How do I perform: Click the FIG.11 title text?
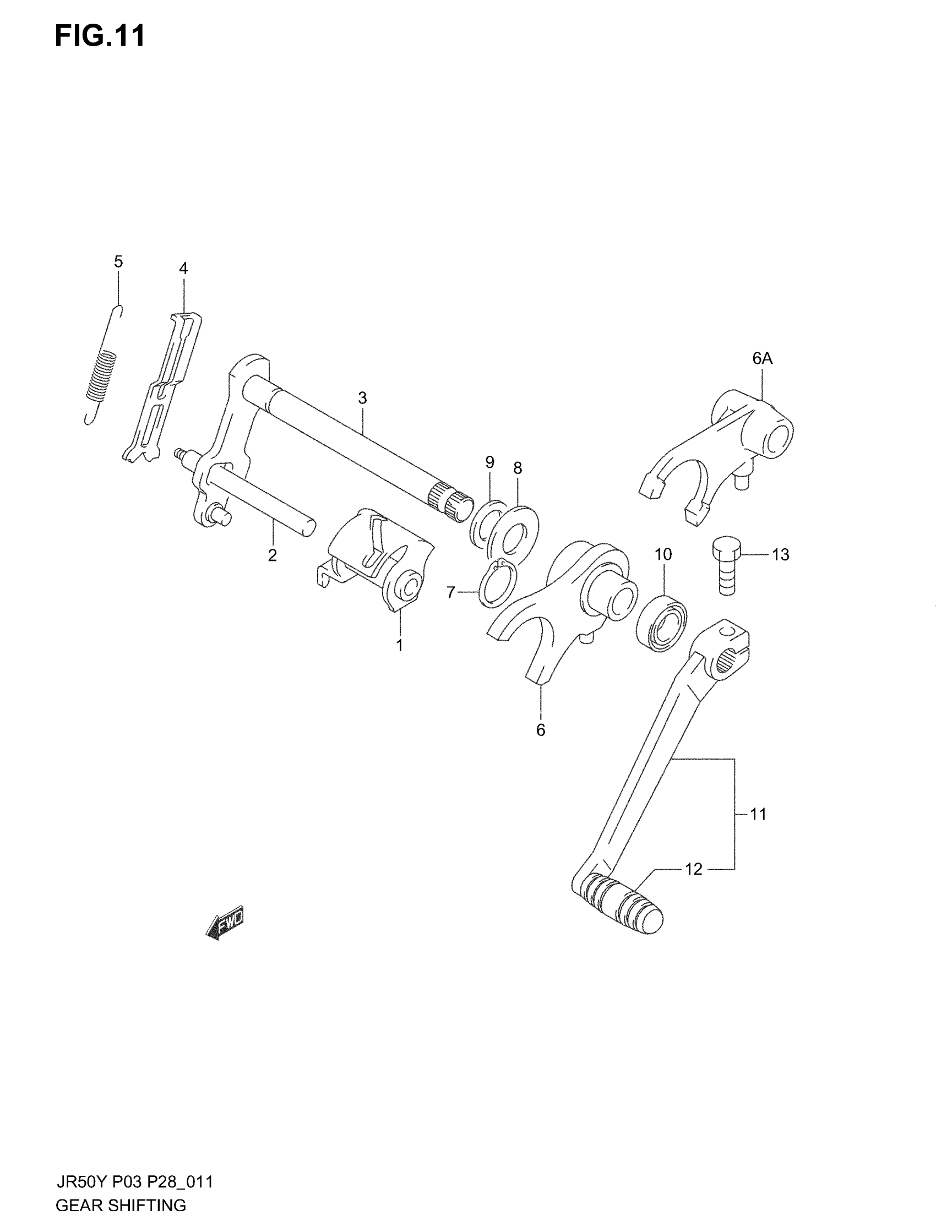point(100,36)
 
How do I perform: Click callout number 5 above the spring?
point(118,261)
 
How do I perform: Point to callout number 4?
point(183,269)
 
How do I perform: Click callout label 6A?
point(763,359)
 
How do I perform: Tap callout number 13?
point(780,554)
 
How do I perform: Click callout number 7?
point(451,593)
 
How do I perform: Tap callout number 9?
point(489,462)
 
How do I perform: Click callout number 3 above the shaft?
point(362,397)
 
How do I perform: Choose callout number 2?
point(272,555)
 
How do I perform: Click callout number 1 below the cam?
point(399,646)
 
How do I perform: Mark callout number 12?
point(694,869)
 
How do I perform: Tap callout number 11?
point(758,815)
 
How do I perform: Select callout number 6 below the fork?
point(541,730)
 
